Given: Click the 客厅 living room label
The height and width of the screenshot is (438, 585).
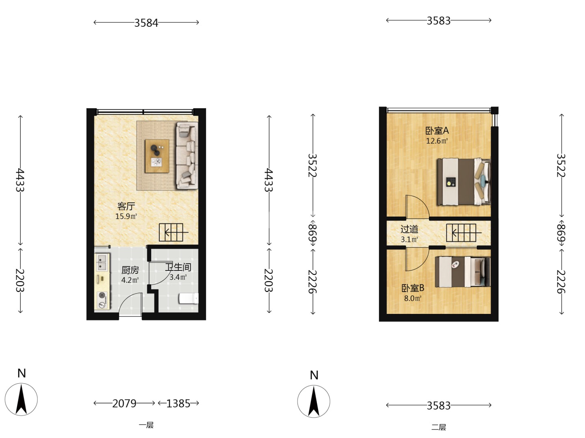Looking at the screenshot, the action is [x=126, y=206].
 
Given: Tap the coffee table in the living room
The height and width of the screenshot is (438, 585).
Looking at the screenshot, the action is [x=157, y=156].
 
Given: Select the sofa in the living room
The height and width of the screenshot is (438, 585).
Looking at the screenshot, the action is [x=187, y=156].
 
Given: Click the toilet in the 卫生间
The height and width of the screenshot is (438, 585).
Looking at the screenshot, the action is [x=188, y=298].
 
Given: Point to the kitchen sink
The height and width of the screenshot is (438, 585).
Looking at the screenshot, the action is [x=102, y=262].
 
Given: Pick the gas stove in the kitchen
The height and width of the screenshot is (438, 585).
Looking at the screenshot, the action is [x=102, y=300].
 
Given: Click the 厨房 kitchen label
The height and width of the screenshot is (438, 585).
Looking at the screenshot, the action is [x=130, y=270].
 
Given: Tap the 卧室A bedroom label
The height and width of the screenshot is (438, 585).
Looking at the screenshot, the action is [x=437, y=131].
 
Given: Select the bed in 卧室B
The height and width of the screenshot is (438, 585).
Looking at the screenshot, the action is [x=463, y=272].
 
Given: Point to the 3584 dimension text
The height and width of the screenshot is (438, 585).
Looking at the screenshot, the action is [x=146, y=23].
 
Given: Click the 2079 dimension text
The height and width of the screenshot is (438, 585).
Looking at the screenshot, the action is [x=124, y=404].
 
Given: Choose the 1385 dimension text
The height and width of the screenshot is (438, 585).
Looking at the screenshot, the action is [x=178, y=404].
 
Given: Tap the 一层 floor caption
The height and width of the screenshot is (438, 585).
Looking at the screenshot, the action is [x=146, y=425].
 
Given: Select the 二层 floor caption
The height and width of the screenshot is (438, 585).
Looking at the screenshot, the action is [x=438, y=427].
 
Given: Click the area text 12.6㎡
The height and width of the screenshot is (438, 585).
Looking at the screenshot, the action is [x=437, y=141].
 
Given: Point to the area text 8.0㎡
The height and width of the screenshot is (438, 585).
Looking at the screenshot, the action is [x=413, y=298].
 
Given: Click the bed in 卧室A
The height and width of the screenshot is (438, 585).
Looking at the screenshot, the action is [x=464, y=182].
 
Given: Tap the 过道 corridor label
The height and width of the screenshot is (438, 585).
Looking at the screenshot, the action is [x=409, y=229].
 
